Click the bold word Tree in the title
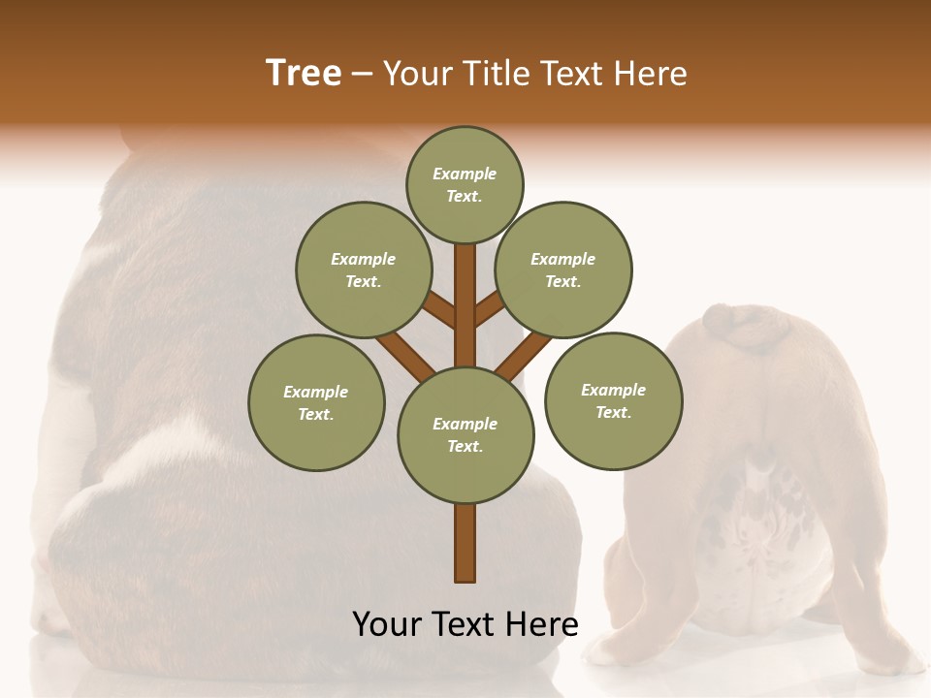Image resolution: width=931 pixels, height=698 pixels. point(304,74)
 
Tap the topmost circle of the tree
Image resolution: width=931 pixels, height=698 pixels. point(465,184)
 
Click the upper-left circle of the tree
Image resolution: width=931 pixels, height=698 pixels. point(364,270)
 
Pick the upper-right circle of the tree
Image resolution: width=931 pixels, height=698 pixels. point(563,270)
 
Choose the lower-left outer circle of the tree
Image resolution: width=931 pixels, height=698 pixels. point(316,402)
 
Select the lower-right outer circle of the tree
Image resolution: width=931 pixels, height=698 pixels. point(613,400)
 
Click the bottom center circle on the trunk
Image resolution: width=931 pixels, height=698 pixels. point(465,435)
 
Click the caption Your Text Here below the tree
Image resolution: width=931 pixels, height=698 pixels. point(465,624)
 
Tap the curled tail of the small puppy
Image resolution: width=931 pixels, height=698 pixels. point(747,328)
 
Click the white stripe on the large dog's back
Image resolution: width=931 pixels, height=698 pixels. point(155,456)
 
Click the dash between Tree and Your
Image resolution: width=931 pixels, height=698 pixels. point(363,74)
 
